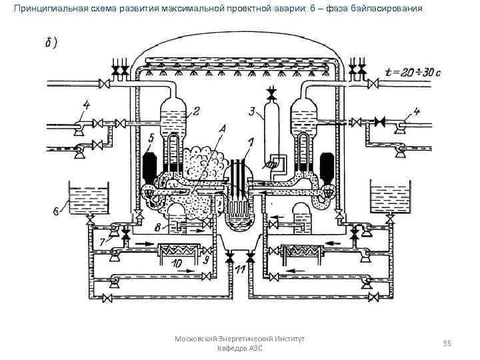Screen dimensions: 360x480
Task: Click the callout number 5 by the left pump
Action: pyautogui.click(x=153, y=138)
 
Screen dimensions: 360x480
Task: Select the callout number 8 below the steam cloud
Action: pyautogui.click(x=157, y=227)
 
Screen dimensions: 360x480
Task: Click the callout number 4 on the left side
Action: pyautogui.click(x=85, y=104)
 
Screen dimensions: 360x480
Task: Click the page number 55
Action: pyautogui.click(x=447, y=343)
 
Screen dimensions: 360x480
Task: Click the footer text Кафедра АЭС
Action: pyautogui.click(x=240, y=349)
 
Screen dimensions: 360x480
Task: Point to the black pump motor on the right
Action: pyautogui.click(x=327, y=166)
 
